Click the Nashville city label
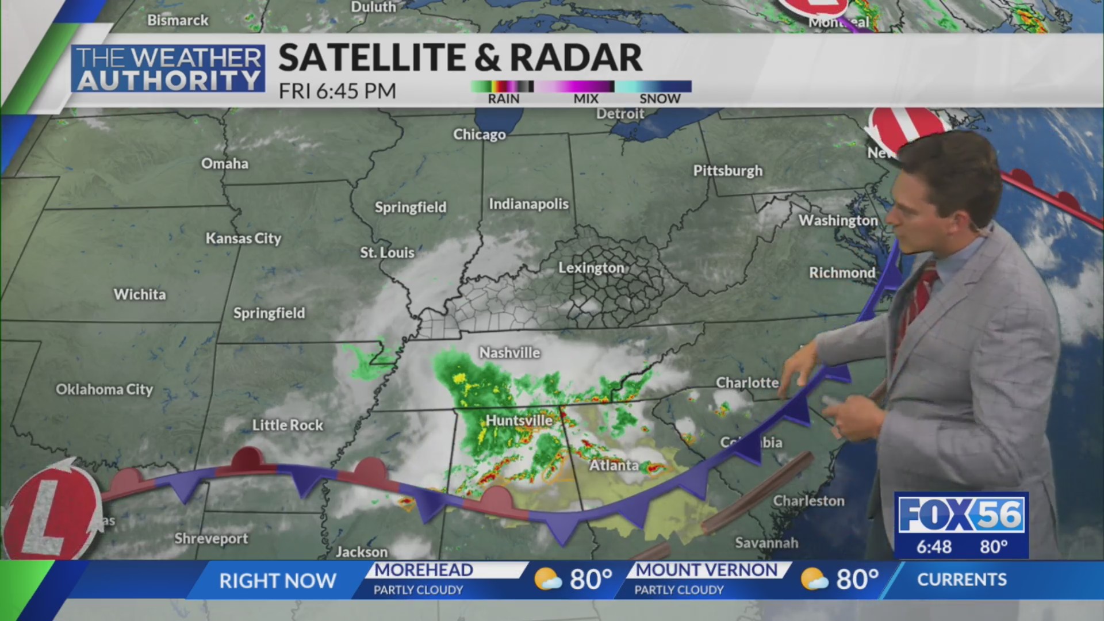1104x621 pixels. tap(509, 352)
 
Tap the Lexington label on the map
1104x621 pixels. tap(591, 268)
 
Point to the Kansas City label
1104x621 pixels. tap(243, 238)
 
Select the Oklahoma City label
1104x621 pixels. tap(104, 389)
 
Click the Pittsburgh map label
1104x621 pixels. tap(727, 171)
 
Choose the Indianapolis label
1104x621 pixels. tap(528, 204)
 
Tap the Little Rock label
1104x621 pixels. tap(287, 425)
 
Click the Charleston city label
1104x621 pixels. tap(808, 501)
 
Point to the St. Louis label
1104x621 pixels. tap(387, 252)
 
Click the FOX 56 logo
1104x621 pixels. tap(961, 514)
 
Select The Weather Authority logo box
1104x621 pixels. tap(168, 69)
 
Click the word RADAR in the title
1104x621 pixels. tap(576, 57)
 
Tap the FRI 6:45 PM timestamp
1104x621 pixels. tap(338, 91)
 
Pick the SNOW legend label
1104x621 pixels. tap(660, 99)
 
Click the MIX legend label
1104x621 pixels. tap(586, 99)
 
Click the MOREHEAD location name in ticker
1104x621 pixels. tap(424, 570)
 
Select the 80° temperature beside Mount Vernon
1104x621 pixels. tap(857, 580)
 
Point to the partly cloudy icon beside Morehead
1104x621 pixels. tap(547, 580)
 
